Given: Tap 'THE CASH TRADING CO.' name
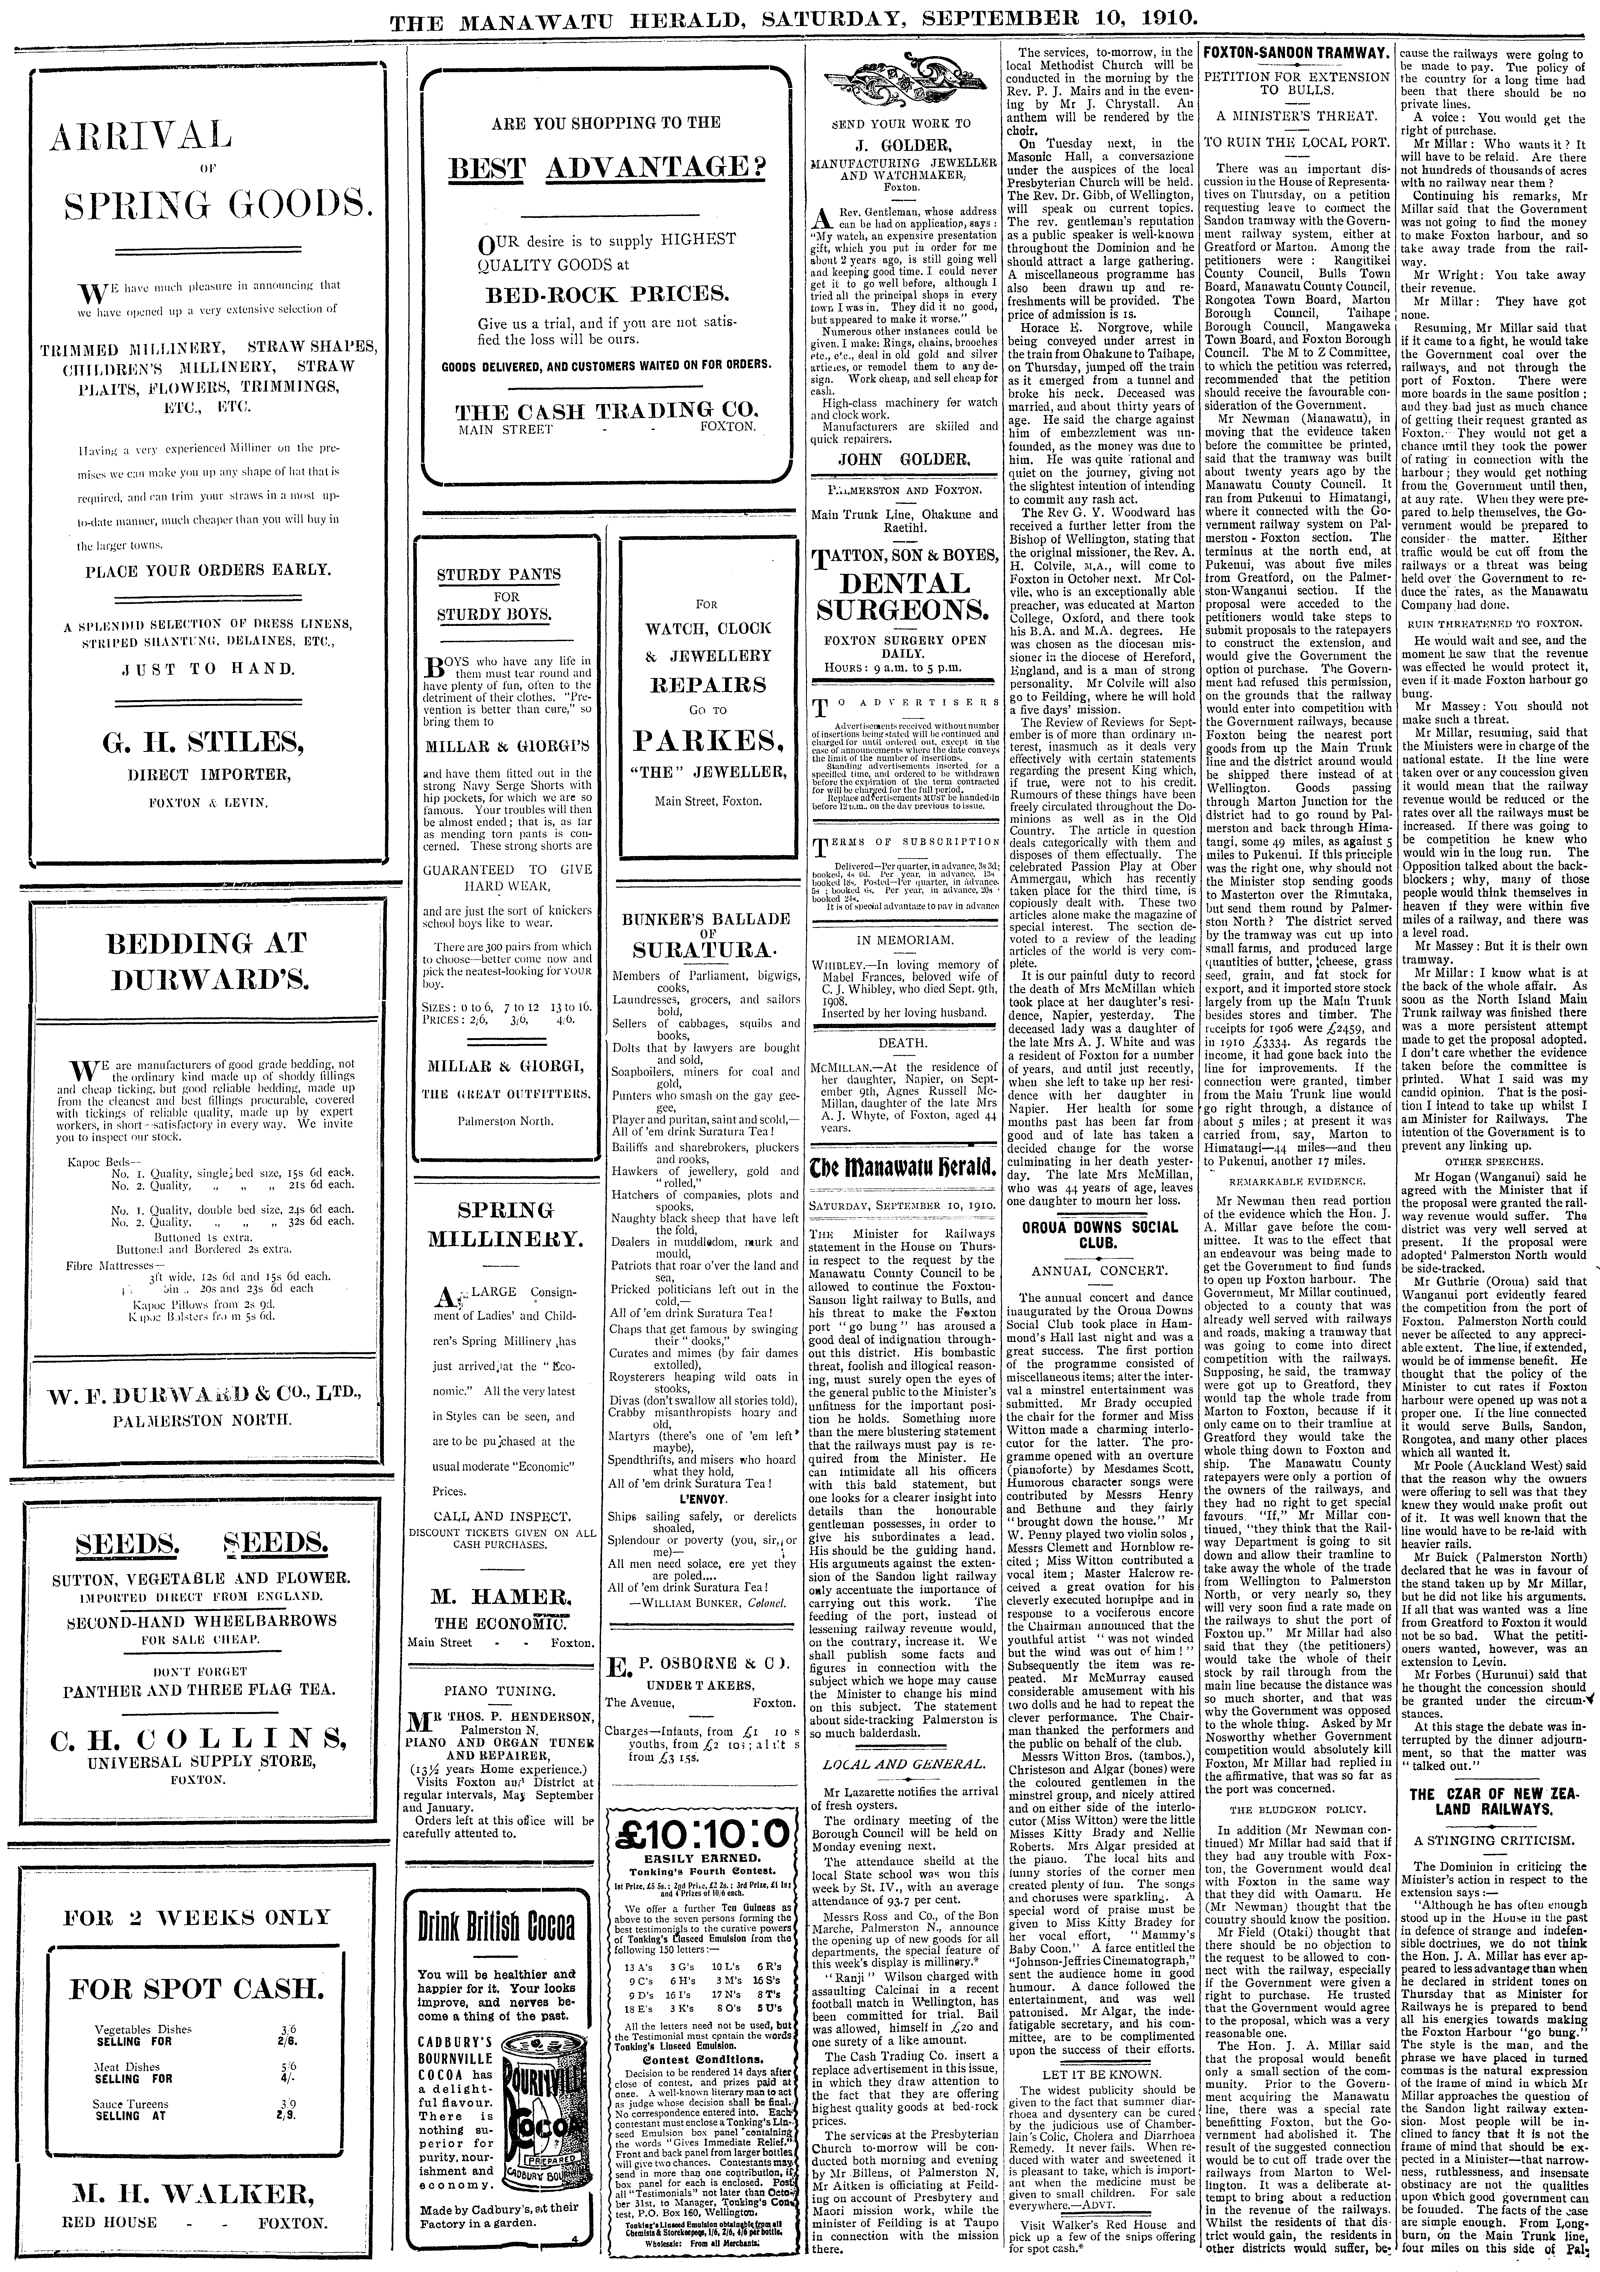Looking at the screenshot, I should pyautogui.click(x=608, y=411).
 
